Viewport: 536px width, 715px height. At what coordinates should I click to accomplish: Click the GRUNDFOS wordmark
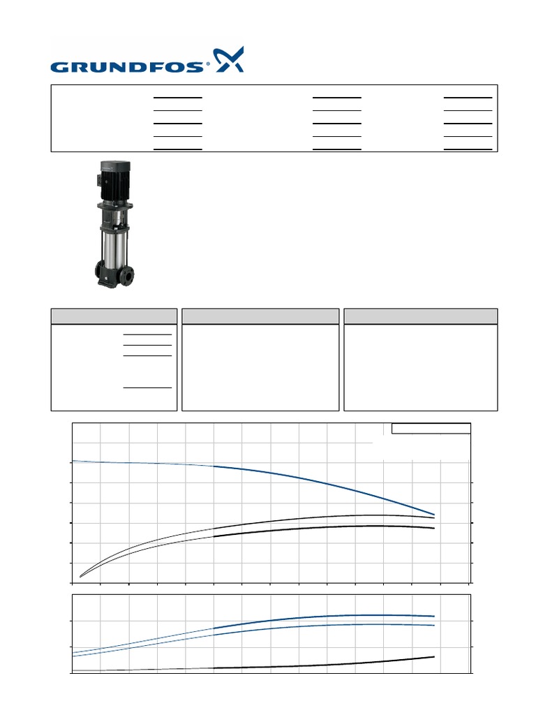tap(129, 67)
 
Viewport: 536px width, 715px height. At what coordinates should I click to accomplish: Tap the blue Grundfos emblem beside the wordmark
tap(229, 60)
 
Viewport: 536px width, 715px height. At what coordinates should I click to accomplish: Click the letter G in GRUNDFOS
tap(59, 67)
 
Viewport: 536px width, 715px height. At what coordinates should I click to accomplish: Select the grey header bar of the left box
tap(114, 316)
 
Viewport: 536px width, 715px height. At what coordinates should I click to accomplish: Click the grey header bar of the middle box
tap(260, 316)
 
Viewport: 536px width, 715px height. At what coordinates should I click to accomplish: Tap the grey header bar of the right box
tap(421, 316)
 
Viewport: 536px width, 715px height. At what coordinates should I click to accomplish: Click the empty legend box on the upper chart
tap(431, 429)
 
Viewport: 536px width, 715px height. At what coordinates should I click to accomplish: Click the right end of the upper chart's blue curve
tap(434, 515)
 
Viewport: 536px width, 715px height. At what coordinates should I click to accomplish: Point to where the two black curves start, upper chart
tap(81, 576)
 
